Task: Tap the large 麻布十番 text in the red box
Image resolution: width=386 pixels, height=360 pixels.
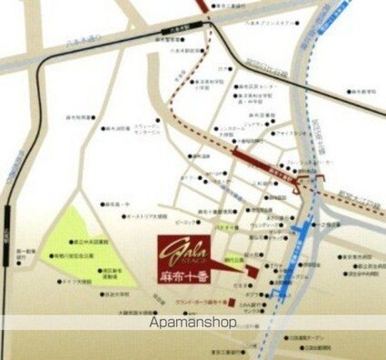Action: pos(190,275)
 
